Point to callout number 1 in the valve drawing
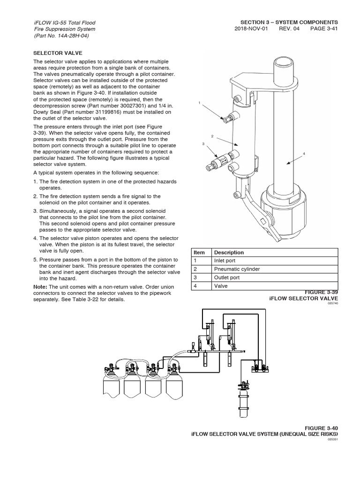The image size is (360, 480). point(199,103)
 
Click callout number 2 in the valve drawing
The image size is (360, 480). point(212,136)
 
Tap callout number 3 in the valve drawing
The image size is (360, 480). point(203,144)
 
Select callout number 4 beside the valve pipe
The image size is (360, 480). point(304,153)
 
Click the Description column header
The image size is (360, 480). point(229,252)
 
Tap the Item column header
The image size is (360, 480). point(199,252)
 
